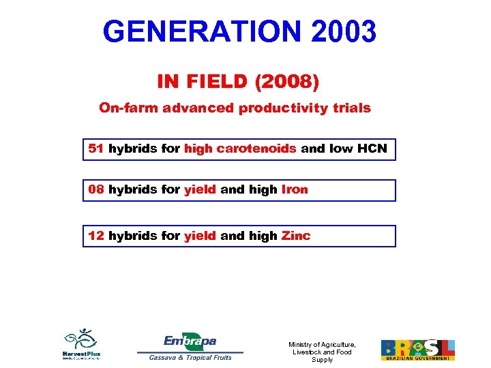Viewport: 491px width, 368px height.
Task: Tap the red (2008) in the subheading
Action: tap(286, 82)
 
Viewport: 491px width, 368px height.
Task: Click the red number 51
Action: tap(96, 149)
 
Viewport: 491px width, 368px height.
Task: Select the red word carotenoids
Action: tap(256, 149)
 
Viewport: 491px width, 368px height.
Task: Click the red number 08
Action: tap(96, 190)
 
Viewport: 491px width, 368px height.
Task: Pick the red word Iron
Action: tap(295, 190)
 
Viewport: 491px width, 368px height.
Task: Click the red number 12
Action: tap(96, 236)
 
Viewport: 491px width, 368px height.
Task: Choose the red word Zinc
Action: tap(296, 236)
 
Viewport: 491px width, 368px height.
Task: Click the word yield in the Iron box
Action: tap(200, 190)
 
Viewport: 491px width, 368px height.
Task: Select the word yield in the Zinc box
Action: tap(200, 236)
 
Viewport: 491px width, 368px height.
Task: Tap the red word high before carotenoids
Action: tap(198, 149)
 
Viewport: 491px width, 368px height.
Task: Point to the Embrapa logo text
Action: tap(190, 341)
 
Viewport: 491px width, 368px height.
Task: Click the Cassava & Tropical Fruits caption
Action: tap(190, 357)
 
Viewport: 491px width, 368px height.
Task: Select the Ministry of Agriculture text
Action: tap(322, 352)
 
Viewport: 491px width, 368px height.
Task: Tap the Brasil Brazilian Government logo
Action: tap(417, 350)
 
